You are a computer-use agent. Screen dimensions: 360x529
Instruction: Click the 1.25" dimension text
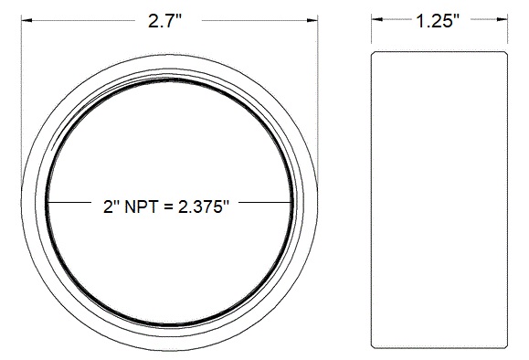437,23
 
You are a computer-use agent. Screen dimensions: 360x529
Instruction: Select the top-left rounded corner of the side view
374,56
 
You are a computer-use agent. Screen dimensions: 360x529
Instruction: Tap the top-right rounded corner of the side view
503,56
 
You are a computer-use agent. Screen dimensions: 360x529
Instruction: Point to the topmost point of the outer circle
169,52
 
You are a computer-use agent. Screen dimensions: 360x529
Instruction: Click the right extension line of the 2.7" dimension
317,91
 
